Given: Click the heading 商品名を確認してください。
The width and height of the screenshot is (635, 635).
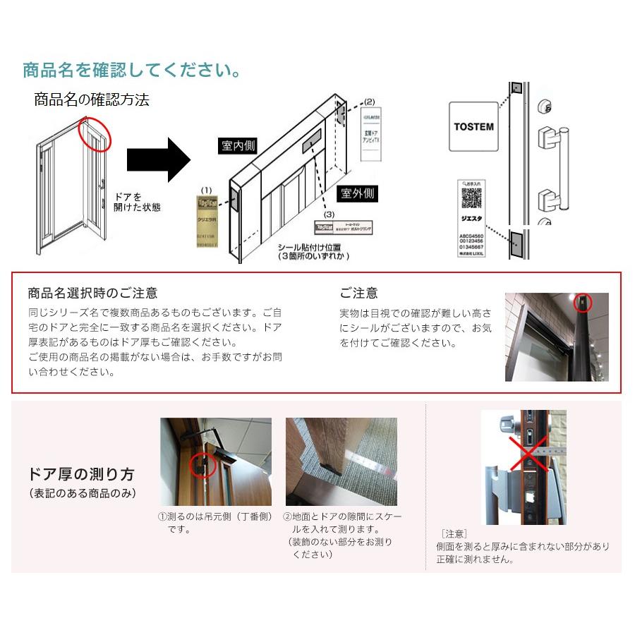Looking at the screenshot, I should pos(132,71).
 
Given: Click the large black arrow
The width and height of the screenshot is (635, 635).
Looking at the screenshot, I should pos(159,159).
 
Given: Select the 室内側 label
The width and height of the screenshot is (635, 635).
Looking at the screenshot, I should pos(238,145).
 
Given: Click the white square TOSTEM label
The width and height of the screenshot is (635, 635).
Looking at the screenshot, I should pos(473,126).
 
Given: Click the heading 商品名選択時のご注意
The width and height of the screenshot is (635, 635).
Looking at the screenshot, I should pos(92,293).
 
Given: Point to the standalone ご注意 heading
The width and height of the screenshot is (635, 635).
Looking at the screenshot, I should pos(358,293).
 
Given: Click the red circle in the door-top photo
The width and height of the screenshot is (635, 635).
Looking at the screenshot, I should pos(582,304).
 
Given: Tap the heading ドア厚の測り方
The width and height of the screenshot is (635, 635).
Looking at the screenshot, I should pos(82,474).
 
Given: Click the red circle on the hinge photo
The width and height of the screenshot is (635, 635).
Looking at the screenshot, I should pos(202,464).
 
